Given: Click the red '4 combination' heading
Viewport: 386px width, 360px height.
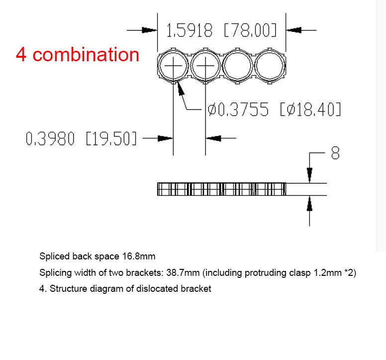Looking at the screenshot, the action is tap(78, 54).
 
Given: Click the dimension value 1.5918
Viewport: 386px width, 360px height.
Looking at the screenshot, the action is tap(189, 31).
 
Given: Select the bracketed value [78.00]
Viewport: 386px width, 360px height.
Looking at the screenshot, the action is tap(250, 31).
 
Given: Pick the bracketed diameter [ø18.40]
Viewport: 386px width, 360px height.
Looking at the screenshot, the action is tap(310, 110).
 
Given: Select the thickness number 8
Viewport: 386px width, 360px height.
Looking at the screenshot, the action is tap(335, 153).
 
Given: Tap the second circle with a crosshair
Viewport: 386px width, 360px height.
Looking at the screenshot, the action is tap(205, 66).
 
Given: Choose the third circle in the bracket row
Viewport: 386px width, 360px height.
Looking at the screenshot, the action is tap(238, 66).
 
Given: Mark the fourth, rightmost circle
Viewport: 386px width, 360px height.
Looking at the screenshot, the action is tap(271, 66).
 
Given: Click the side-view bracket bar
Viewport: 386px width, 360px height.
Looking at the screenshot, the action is tap(222, 189).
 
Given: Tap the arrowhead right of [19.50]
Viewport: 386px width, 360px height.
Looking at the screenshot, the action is tap(214, 138).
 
